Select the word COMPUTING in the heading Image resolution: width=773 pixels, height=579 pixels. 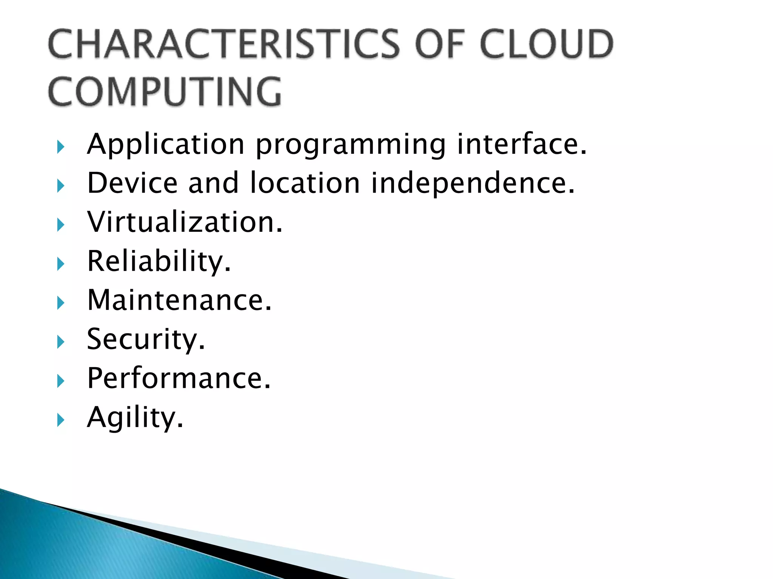point(165,91)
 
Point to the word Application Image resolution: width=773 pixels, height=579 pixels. point(166,145)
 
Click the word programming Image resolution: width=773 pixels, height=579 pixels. point(351,146)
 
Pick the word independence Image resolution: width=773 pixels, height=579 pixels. point(473,184)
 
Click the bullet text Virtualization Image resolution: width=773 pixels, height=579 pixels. point(185,222)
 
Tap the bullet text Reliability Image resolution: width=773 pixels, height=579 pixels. point(159,261)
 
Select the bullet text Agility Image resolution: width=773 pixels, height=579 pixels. point(135,418)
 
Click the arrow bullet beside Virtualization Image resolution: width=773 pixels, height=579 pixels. point(61,225)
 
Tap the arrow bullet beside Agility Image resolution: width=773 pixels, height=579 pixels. point(61,420)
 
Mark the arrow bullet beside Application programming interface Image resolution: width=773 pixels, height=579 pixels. point(61,147)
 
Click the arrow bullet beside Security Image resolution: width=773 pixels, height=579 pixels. point(61,342)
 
